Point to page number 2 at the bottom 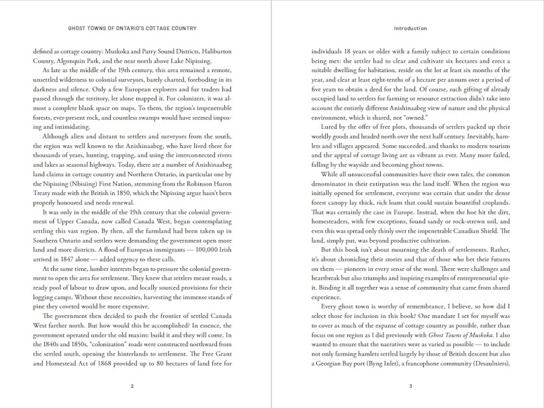point(132,386)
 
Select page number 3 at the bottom point(410,386)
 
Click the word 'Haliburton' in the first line point(215,49)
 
